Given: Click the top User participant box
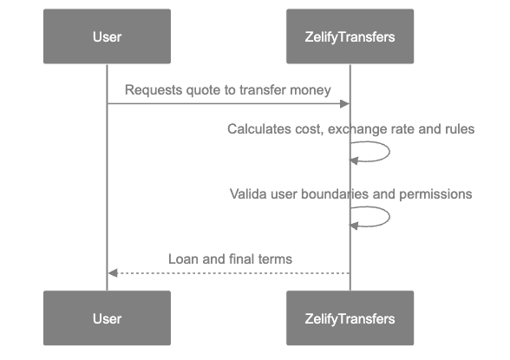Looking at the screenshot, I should [107, 36].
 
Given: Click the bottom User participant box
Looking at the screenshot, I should [107, 318].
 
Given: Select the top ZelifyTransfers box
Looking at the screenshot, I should [350, 36].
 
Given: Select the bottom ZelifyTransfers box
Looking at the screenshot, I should [350, 318].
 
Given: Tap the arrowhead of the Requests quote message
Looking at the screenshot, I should [345, 104].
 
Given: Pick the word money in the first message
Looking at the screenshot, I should [312, 89].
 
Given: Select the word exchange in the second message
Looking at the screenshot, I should [357, 129].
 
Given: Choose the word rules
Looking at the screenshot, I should [458, 129].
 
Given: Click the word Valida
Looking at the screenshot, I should [247, 194].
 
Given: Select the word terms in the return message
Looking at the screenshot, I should [275, 259].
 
